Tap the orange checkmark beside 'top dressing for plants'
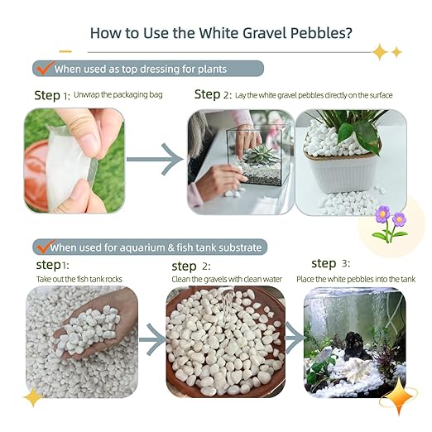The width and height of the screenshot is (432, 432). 43,67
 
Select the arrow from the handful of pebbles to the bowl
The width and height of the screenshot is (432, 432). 151,339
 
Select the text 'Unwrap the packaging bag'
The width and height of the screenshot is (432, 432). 118,95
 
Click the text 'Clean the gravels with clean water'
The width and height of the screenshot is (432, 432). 227,280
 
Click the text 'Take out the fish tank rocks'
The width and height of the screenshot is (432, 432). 80,279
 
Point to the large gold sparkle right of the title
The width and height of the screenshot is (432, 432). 380,52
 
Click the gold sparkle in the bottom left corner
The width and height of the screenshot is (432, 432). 34,398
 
